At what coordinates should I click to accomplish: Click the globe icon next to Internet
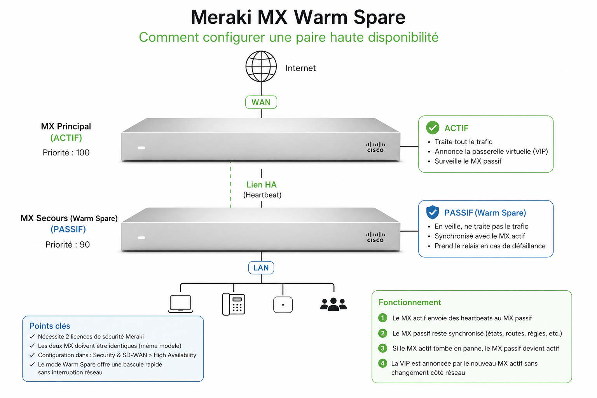[x=261, y=66]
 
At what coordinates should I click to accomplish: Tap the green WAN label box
[x=261, y=102]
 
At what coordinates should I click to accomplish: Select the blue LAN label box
[x=261, y=268]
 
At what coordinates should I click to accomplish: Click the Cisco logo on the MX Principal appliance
[x=375, y=147]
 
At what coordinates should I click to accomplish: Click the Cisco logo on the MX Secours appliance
[x=375, y=237]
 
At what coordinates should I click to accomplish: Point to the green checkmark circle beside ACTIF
[x=432, y=127]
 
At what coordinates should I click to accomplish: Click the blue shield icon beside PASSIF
[x=432, y=212]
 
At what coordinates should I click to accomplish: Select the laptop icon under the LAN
[x=180, y=304]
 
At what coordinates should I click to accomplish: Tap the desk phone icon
[x=233, y=304]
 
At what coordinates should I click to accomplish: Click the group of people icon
[x=333, y=304]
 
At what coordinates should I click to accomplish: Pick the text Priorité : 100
[x=66, y=153]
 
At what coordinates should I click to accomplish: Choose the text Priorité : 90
[x=68, y=245]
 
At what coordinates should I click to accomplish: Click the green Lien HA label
[x=261, y=185]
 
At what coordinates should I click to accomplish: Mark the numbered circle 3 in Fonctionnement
[x=382, y=348]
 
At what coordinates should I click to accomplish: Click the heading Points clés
[x=50, y=326]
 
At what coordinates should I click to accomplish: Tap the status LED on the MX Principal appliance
[x=141, y=148]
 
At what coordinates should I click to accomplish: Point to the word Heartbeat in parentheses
[x=262, y=195]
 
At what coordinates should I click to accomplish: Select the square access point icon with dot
[x=283, y=305]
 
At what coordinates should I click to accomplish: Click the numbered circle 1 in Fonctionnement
[x=382, y=318]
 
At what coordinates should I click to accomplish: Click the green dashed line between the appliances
[x=231, y=185]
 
